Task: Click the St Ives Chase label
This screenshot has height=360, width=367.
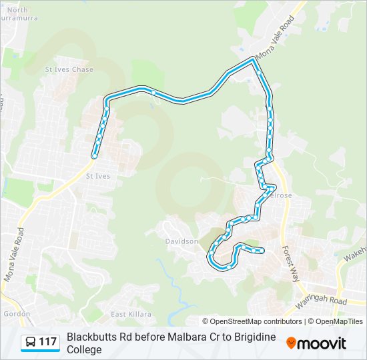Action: pyautogui.click(x=69, y=69)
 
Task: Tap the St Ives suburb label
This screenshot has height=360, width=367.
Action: pyautogui.click(x=97, y=176)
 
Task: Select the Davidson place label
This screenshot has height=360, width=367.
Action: pyautogui.click(x=181, y=241)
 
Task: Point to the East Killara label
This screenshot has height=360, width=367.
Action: pyautogui.click(x=131, y=314)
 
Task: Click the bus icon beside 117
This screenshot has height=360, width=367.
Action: pyautogui.click(x=31, y=343)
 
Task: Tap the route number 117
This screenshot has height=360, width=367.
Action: pyautogui.click(x=47, y=343)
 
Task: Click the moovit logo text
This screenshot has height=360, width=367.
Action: pyautogui.click(x=322, y=343)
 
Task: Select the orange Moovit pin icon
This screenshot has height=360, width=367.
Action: pyautogui.click(x=291, y=343)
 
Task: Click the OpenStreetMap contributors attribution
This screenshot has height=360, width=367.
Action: pyautogui.click(x=252, y=321)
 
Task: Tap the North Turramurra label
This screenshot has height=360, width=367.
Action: pyautogui.click(x=17, y=15)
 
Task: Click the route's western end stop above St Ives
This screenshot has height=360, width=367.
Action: pyautogui.click(x=95, y=155)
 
